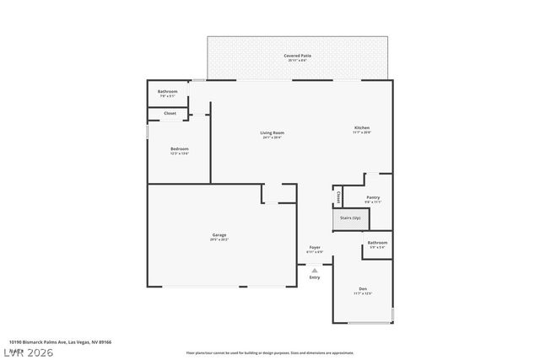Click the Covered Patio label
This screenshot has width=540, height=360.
[297, 56]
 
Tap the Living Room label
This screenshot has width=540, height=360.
[272, 132]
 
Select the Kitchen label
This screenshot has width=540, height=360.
[362, 128]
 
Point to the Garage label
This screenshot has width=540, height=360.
[219, 235]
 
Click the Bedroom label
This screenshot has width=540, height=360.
[179, 149]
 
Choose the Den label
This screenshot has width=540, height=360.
[362, 288]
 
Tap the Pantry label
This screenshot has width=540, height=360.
[373, 198]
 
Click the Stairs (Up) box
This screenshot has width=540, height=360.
[350, 218]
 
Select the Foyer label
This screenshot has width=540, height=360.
[315, 247]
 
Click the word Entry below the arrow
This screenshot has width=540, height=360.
[315, 277]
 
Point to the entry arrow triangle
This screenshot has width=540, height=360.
[315, 270]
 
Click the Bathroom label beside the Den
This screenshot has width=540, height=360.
[376, 243]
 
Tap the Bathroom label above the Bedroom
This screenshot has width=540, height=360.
[167, 91]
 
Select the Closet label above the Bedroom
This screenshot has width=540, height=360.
[170, 113]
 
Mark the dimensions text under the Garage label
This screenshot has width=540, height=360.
[219, 240]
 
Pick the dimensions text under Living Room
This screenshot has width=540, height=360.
[272, 137]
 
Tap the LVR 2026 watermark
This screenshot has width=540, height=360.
[27, 352]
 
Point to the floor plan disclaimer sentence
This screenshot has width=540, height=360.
[281, 352]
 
